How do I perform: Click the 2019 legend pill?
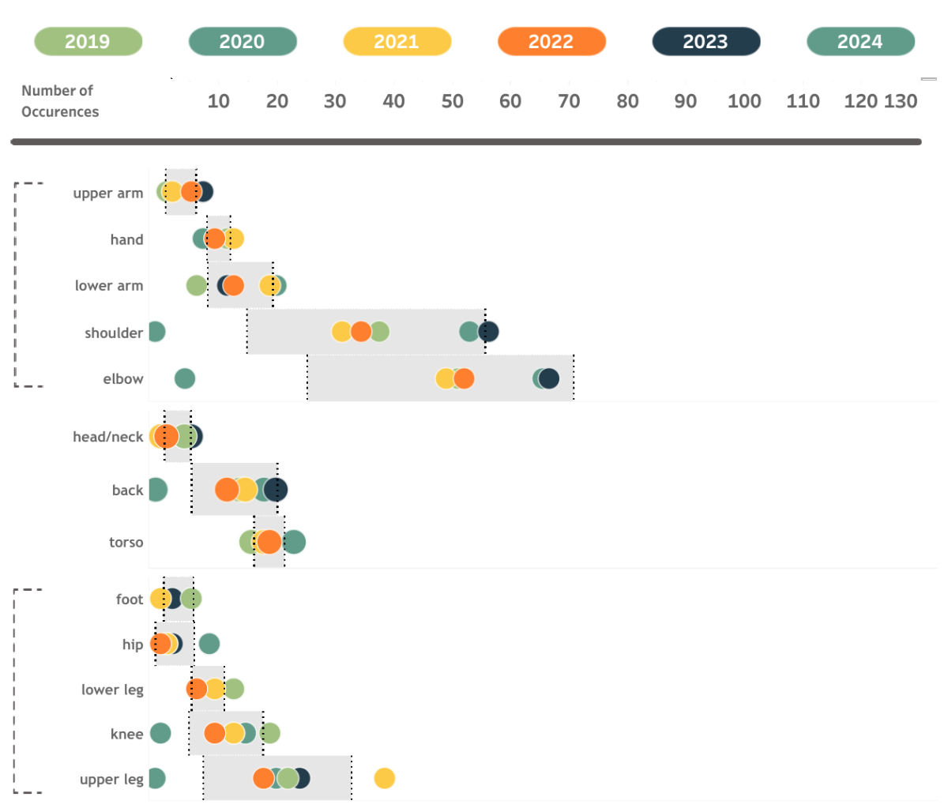[x=88, y=42]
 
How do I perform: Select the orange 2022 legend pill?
[x=551, y=42]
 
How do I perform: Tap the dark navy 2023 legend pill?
[x=705, y=42]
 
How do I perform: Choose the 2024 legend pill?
[x=860, y=42]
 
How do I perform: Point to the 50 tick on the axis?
[x=452, y=101]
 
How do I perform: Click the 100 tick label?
[x=744, y=101]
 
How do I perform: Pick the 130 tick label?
[x=901, y=101]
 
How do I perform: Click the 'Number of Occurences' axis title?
[x=60, y=101]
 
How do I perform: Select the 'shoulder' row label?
[x=114, y=333]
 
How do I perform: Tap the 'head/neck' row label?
[x=107, y=437]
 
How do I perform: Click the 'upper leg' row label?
[x=111, y=780]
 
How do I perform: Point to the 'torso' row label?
[x=126, y=542]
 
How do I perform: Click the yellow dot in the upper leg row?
[x=385, y=779]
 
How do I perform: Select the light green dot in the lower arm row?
[x=196, y=285]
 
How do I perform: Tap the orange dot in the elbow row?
[x=465, y=378]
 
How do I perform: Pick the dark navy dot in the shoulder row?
[x=489, y=332]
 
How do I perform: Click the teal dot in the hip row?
[x=209, y=644]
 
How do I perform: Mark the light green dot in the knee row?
[x=270, y=733]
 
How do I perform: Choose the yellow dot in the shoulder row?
[x=341, y=332]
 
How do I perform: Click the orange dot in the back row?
[x=227, y=490]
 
